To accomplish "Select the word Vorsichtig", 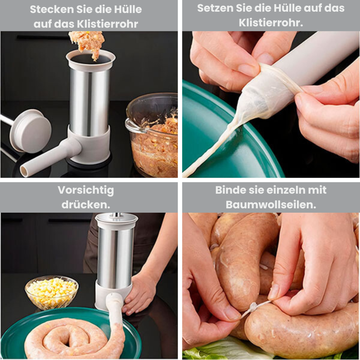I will point(86,190).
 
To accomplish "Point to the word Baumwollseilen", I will point(271,205).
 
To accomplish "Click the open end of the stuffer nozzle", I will point(24,171).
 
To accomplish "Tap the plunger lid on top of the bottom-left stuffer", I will point(116,218).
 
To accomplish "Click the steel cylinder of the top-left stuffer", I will point(89,100).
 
